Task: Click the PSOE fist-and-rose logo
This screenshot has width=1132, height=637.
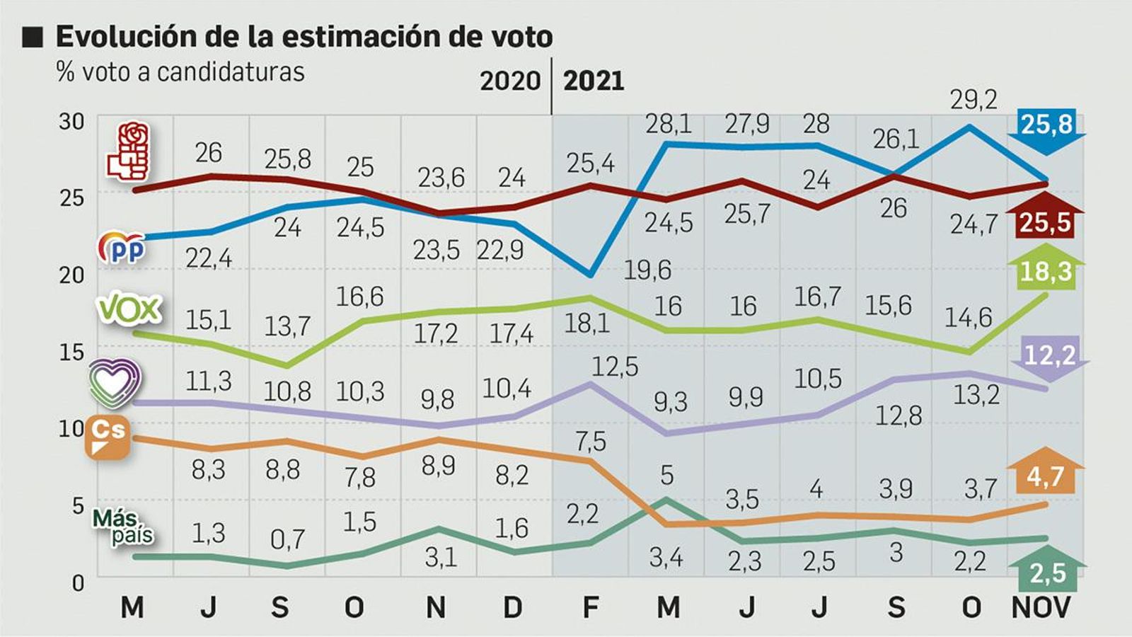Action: tap(128, 151)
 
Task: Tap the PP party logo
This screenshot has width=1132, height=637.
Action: tap(122, 248)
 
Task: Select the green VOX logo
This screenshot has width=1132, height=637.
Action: tap(129, 309)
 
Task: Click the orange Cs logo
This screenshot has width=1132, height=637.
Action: tap(108, 437)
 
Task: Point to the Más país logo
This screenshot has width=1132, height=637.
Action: tap(123, 527)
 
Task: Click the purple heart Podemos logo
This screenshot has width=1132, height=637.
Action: tap(115, 382)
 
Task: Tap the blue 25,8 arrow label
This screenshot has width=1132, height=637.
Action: tap(1047, 126)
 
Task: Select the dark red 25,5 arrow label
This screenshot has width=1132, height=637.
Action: tap(1046, 222)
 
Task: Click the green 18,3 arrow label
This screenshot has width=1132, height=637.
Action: tap(1046, 270)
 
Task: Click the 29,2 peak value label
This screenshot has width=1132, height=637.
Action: tap(974, 101)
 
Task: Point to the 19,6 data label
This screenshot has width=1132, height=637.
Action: tap(647, 270)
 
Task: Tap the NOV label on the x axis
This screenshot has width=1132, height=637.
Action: tap(1041, 607)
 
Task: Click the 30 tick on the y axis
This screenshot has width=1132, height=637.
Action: tap(71, 122)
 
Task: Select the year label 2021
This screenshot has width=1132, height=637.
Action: tap(594, 81)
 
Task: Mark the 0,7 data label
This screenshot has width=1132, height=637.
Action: tap(287, 540)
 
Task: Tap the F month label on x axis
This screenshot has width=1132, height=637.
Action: tap(590, 607)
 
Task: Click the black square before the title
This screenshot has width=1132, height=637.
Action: tap(33, 37)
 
